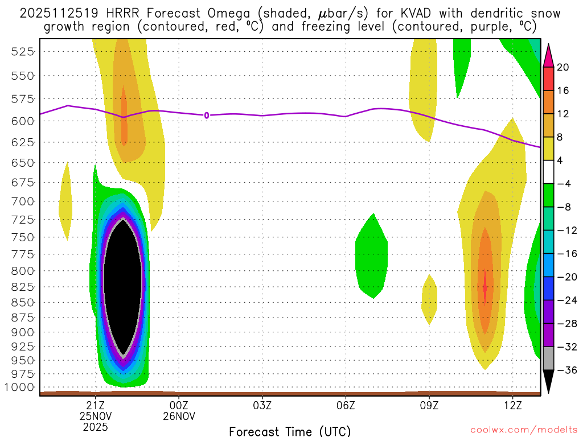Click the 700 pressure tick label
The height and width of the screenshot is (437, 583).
point(23,201)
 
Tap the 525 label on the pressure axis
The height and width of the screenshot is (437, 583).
point(23,51)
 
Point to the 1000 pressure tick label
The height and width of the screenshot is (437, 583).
point(20,387)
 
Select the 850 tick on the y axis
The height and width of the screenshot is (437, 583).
point(23,302)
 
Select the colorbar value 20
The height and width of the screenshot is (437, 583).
point(563,67)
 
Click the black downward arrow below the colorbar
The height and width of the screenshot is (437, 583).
point(548,381)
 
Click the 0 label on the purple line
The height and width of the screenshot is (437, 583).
point(207,116)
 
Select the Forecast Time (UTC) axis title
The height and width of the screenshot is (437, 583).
point(290,431)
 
